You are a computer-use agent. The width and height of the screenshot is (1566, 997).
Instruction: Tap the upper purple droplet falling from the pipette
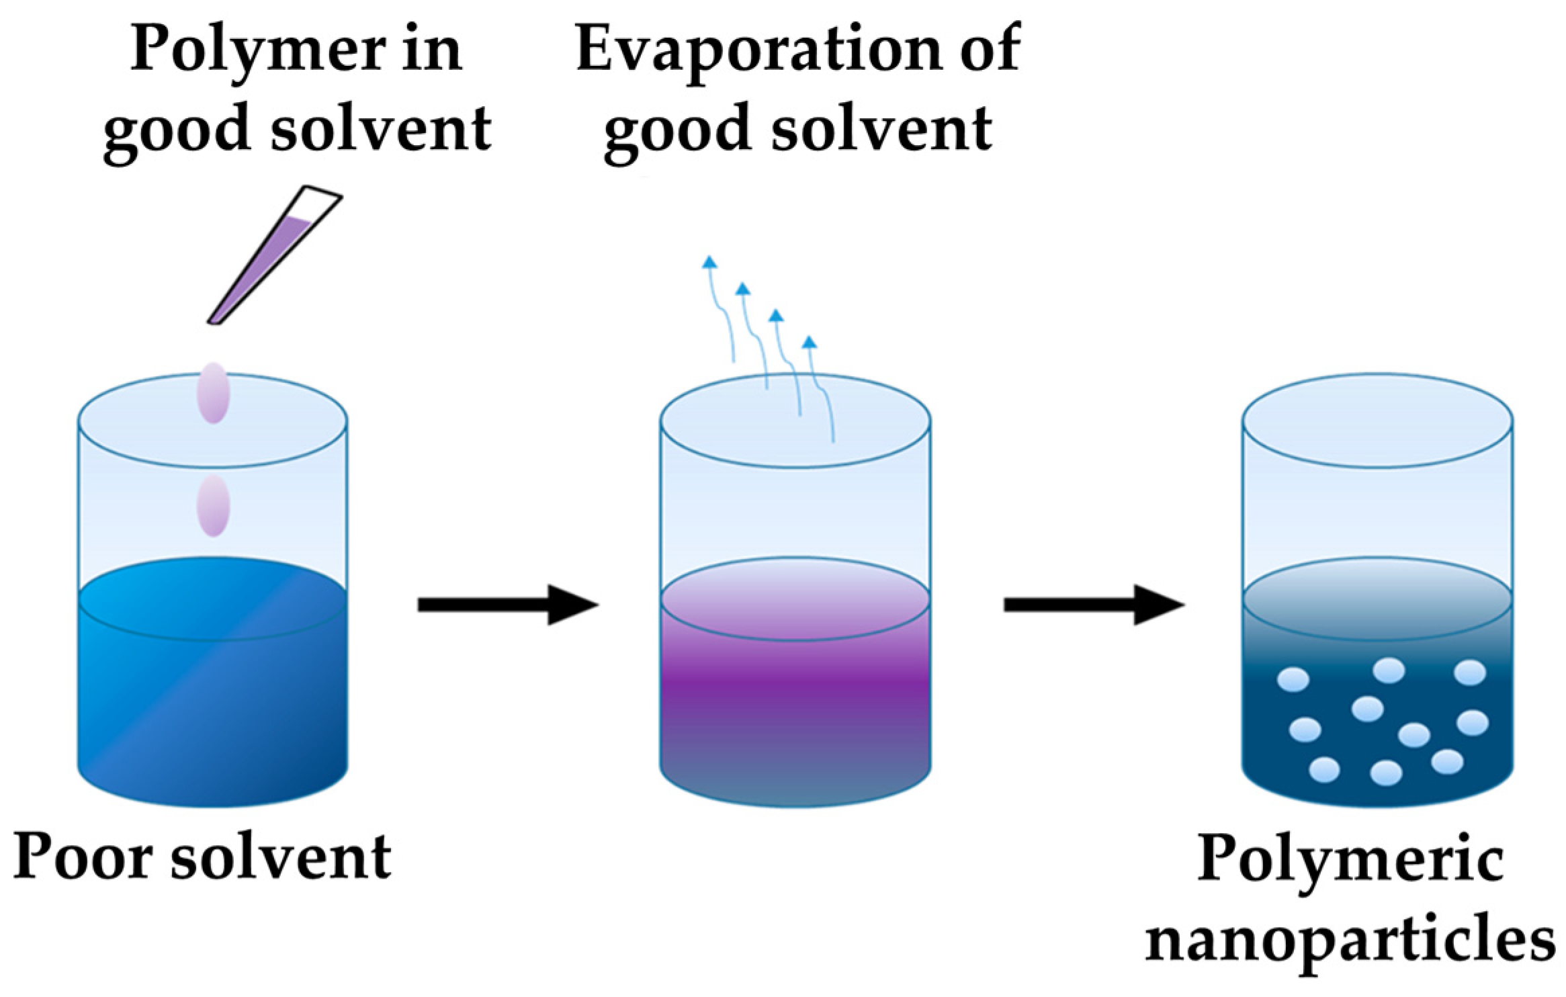pos(213,393)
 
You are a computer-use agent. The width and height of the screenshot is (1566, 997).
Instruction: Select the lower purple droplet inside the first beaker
pos(213,506)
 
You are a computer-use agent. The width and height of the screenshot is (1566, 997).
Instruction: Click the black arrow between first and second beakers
pos(507,605)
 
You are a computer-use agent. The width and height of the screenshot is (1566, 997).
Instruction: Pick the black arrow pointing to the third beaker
pos(1093,605)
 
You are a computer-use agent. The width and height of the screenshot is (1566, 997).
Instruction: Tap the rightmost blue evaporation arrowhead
pos(810,342)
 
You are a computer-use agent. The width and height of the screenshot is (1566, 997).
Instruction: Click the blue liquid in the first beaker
pos(213,699)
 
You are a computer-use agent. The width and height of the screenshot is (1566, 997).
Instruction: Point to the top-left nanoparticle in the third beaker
pos(1293,679)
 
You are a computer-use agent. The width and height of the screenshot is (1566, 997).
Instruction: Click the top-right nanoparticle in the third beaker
pos(1469,673)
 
